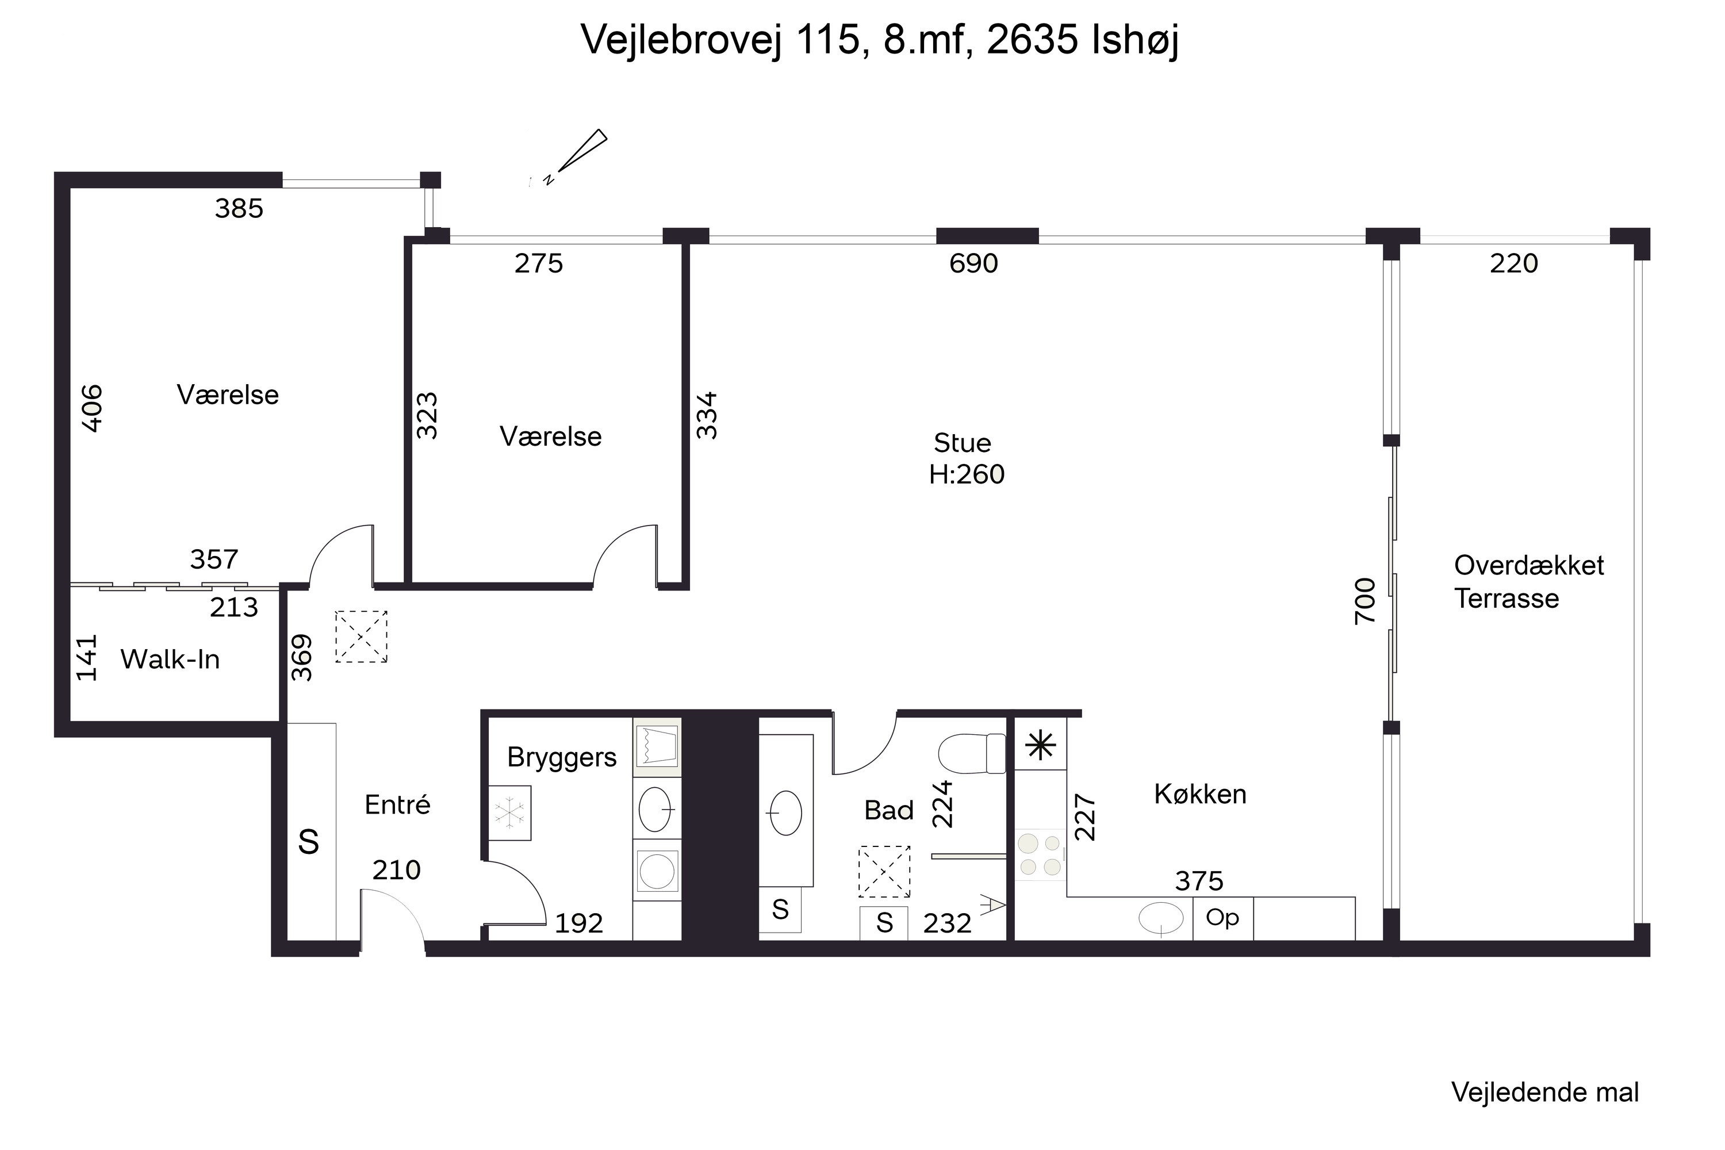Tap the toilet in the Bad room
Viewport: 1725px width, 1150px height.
click(x=972, y=754)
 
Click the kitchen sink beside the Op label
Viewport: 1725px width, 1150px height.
click(x=1161, y=918)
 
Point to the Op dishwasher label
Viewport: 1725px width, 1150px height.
click(x=1222, y=918)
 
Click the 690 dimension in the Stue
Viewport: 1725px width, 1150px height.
click(x=973, y=263)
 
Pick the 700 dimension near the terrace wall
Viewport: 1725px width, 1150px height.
click(x=1365, y=601)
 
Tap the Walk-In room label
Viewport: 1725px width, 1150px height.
click(x=170, y=660)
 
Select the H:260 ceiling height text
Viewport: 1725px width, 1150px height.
click(x=967, y=474)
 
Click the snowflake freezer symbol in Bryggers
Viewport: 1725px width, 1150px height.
click(x=509, y=812)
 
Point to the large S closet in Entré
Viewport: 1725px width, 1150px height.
click(x=309, y=842)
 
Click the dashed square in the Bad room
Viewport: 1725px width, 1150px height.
click(x=884, y=872)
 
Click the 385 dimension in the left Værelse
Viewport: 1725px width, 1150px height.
click(x=239, y=209)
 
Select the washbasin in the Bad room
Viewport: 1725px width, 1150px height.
click(x=785, y=812)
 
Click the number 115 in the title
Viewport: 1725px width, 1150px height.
click(x=827, y=40)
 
